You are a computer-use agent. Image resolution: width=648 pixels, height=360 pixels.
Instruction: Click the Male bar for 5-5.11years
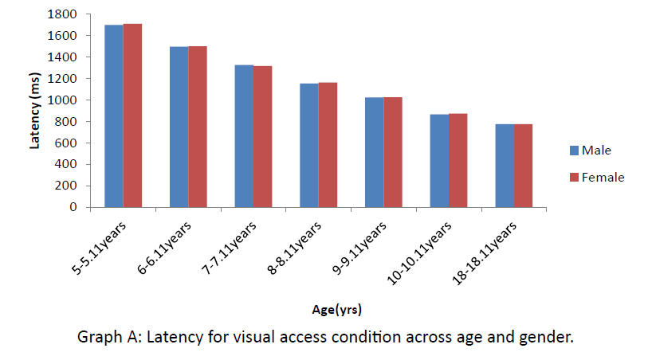click(113, 115)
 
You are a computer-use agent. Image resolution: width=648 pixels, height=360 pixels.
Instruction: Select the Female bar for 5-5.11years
click(132, 115)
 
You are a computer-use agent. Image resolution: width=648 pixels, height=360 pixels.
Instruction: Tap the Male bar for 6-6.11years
click(179, 127)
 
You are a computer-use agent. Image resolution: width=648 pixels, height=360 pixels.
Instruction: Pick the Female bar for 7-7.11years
click(262, 136)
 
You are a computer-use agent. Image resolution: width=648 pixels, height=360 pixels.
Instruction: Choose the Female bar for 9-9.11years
click(392, 152)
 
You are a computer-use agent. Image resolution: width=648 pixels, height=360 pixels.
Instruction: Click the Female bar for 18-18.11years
click(523, 166)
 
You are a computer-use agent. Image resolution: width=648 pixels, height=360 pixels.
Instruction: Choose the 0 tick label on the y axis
click(73, 207)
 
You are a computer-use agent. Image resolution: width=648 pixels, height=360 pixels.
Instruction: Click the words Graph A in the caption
click(106, 338)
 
